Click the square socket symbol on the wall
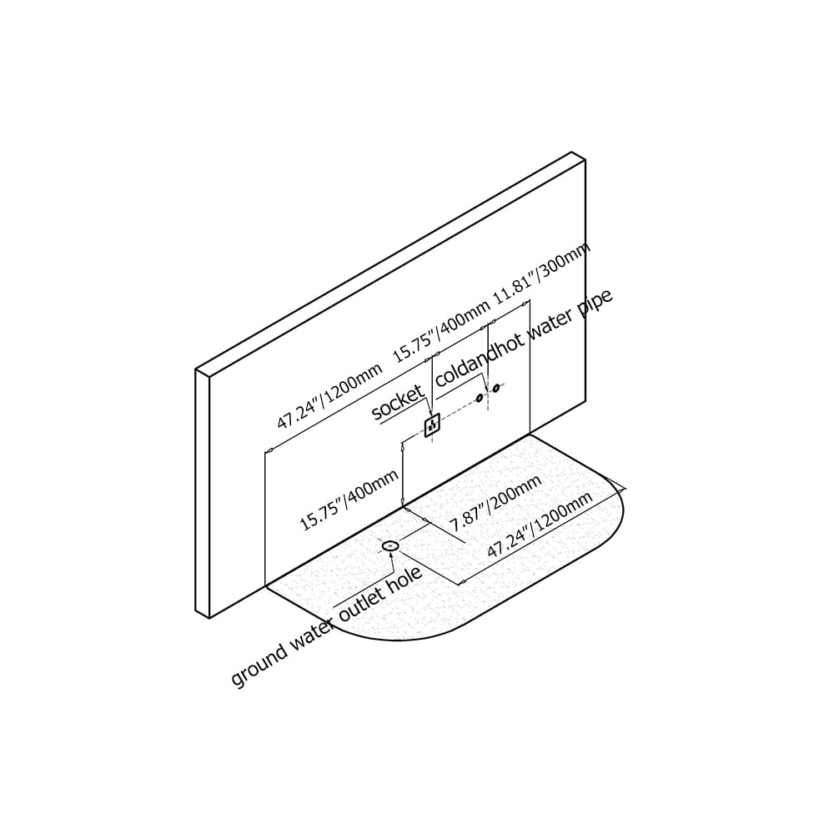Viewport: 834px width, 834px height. [432, 425]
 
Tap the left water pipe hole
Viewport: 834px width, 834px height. [480, 397]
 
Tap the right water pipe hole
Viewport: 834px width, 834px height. [496, 388]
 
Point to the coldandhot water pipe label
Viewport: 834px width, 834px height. [524, 339]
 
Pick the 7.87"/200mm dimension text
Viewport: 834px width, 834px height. [495, 503]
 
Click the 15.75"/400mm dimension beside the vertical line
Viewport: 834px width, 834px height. [349, 500]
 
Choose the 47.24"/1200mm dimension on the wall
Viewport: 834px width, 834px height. [329, 396]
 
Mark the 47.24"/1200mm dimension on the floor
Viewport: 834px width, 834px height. [540, 525]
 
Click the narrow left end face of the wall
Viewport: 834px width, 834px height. [203, 493]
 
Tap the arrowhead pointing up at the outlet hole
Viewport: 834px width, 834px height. [392, 555]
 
